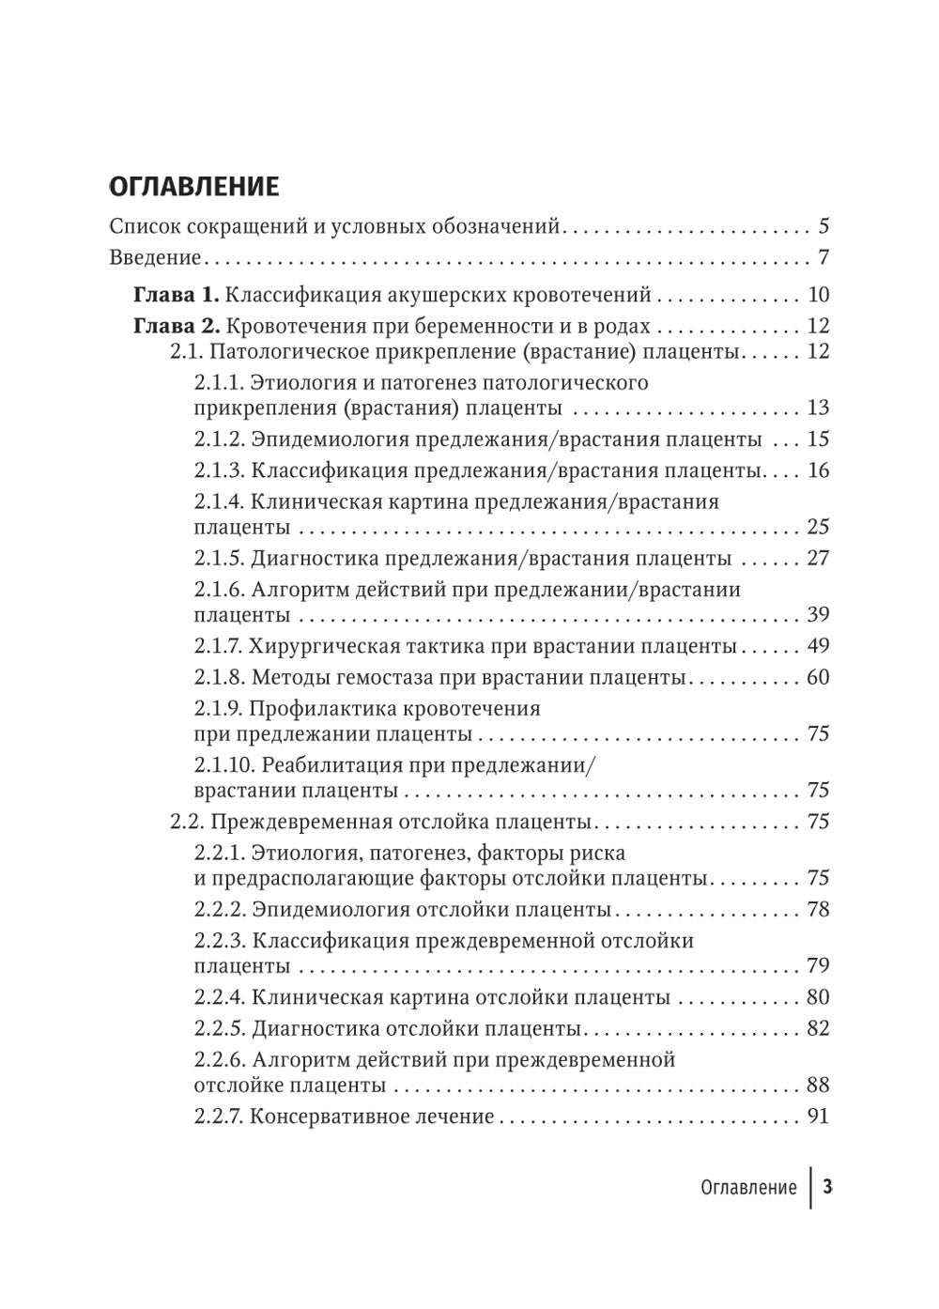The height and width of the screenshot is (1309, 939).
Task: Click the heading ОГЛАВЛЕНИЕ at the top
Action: pyautogui.click(x=194, y=186)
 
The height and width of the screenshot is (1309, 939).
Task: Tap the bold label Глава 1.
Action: pyautogui.click(x=177, y=295)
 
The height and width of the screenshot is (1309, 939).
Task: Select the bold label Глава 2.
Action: pyautogui.click(x=177, y=326)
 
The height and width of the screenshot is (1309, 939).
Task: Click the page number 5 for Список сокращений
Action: pyautogui.click(x=824, y=226)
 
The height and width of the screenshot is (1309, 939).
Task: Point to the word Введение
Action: pyautogui.click(x=155, y=257)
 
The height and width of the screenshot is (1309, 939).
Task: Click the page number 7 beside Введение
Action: pyautogui.click(x=824, y=257)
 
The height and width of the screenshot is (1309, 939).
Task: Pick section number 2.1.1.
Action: pyautogui.click(x=220, y=383)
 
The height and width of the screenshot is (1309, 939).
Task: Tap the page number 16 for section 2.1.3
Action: pyautogui.click(x=818, y=470)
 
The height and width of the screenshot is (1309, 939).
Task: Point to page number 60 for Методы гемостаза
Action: pyautogui.click(x=818, y=677)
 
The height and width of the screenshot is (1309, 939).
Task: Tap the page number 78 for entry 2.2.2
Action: pyautogui.click(x=818, y=909)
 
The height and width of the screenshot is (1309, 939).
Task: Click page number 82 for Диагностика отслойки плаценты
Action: pyautogui.click(x=818, y=1028)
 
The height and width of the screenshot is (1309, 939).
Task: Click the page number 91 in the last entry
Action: pyautogui.click(x=818, y=1116)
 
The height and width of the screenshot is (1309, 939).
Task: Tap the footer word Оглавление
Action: pyautogui.click(x=748, y=1187)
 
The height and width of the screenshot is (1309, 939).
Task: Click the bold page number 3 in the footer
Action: pyautogui.click(x=827, y=1187)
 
